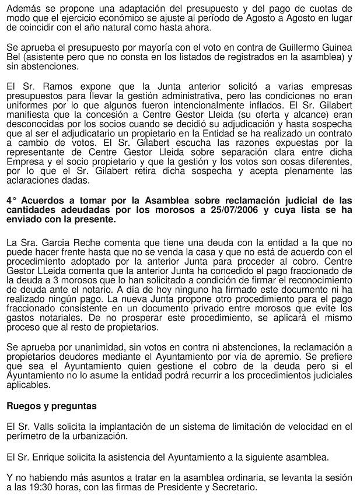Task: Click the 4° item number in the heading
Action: click(x=11, y=202)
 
